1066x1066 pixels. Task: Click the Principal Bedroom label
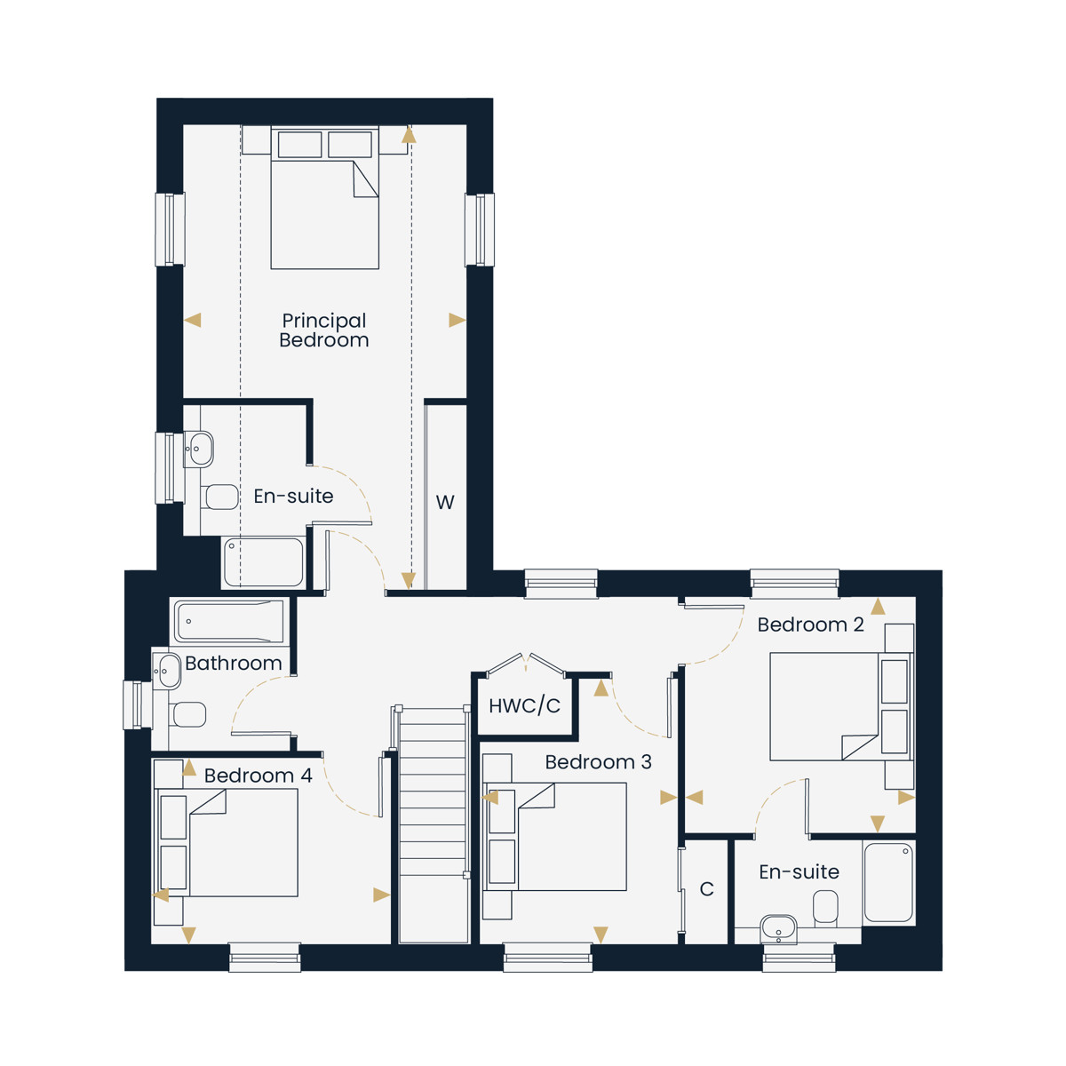[x=323, y=330]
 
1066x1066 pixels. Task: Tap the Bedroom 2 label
[x=810, y=624]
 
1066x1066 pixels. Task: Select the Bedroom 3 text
[x=598, y=761]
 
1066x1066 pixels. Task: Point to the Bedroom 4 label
[x=258, y=776]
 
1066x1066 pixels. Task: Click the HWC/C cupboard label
[x=524, y=705]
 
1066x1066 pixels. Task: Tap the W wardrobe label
[x=445, y=502]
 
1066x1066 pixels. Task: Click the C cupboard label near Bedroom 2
[x=706, y=889]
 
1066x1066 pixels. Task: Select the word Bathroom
[x=234, y=664]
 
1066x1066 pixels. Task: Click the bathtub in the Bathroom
[x=229, y=621]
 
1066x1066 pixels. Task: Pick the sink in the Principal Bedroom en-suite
[x=198, y=449]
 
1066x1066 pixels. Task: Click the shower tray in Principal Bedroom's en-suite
[x=264, y=562]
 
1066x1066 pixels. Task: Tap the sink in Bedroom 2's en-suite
[x=778, y=929]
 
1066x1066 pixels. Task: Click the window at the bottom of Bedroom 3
[x=548, y=957]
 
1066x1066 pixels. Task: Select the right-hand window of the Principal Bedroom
[x=480, y=229]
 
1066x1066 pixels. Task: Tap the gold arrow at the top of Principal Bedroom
[x=409, y=134]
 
